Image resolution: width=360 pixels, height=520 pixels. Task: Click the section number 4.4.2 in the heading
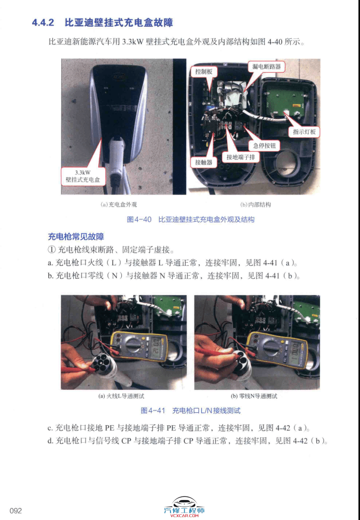[x=43, y=23]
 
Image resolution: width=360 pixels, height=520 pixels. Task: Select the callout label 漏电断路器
[x=266, y=67]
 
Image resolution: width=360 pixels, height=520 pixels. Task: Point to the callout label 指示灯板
[x=305, y=132]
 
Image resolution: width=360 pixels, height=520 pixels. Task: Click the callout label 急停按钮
[x=264, y=146]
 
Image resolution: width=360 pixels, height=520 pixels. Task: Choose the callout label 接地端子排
[x=240, y=157]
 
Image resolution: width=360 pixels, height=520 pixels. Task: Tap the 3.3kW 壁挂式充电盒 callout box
[x=83, y=176]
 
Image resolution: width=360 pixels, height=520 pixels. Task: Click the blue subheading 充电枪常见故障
[x=76, y=237]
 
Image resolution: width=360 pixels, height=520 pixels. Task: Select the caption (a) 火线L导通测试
[x=124, y=396]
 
